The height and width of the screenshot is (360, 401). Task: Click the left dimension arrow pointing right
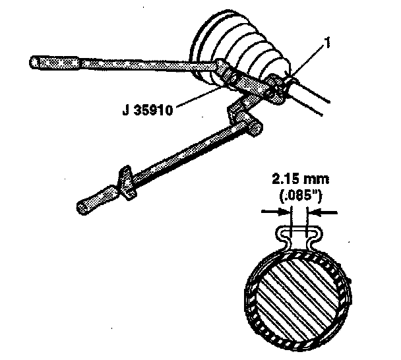coord(275,212)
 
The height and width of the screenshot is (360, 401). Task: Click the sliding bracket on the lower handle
coord(127,185)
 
